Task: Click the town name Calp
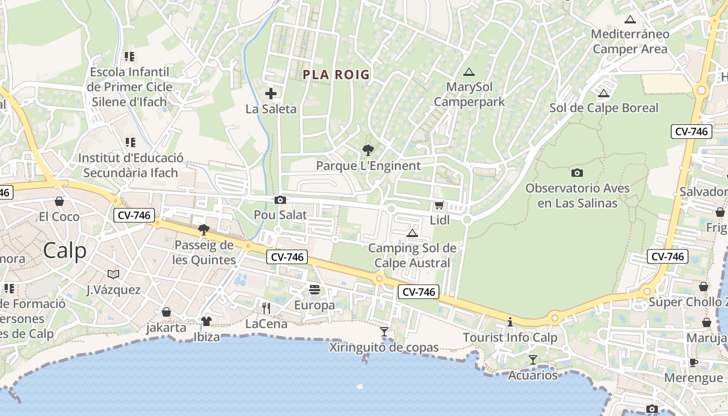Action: coord(65,251)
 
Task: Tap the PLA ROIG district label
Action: coord(336,75)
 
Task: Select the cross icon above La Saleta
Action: coord(271,94)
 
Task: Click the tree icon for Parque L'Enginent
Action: coord(368,151)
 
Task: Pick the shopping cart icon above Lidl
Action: coord(439,205)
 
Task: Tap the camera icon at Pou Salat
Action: coord(280,200)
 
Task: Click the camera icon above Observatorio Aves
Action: coord(577,173)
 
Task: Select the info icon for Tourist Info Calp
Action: coord(510,322)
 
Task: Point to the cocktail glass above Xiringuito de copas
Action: coord(384,331)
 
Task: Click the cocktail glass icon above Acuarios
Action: coord(533,359)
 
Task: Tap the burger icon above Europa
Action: coord(315,290)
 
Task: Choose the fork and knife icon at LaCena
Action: coord(266,308)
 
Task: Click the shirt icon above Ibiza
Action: coord(206,321)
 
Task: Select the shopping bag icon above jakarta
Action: coord(166,312)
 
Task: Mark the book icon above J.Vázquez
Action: coord(113,274)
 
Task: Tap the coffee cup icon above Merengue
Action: coord(694,362)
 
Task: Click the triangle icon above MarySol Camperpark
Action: coord(469,72)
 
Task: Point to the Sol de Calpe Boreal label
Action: coord(604,108)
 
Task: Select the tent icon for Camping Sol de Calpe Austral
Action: coord(412,233)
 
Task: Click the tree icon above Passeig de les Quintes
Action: coord(204,229)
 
